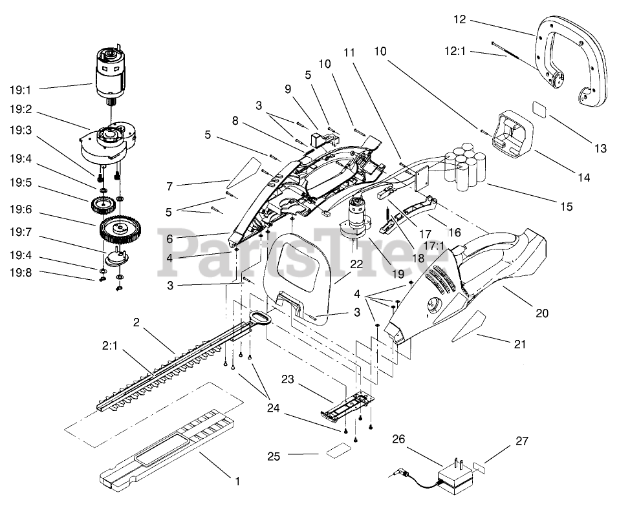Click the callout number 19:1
tap(20, 90)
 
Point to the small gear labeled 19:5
tap(102, 205)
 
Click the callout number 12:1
tap(455, 52)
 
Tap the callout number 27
tap(521, 441)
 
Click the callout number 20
tap(542, 313)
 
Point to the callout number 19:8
tap(21, 273)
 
